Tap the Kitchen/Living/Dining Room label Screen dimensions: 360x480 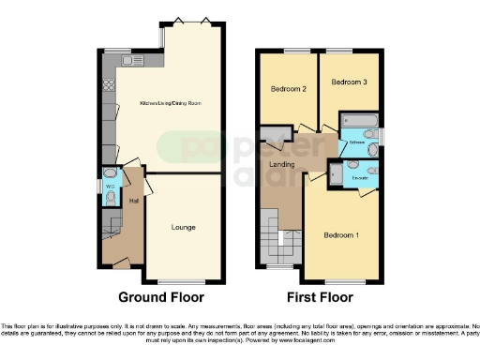click(171, 103)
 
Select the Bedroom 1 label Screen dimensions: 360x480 click(341, 234)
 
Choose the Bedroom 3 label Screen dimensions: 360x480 click(348, 82)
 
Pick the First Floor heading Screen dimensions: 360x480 click(320, 297)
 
